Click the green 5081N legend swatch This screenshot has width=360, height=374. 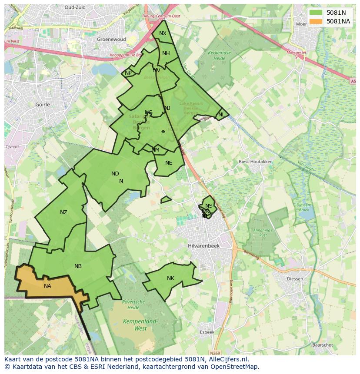(316, 13)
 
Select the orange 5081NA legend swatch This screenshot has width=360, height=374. (316, 21)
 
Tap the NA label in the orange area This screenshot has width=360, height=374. (47, 286)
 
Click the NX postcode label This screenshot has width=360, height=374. (163, 33)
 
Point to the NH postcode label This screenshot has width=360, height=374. (166, 53)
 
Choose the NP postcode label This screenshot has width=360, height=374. (128, 73)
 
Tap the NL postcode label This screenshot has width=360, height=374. (222, 115)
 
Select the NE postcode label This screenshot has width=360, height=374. (169, 163)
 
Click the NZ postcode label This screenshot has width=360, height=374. (64, 212)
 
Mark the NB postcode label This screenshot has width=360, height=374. (78, 266)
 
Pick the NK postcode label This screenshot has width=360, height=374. (170, 278)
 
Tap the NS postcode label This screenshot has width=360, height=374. (209, 206)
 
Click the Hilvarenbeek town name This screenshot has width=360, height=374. (204, 245)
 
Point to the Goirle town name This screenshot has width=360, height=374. (42, 105)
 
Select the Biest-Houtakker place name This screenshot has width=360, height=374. (255, 162)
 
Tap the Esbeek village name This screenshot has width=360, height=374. (207, 332)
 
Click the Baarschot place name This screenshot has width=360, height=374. (322, 345)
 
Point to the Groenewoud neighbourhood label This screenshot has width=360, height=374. (111, 39)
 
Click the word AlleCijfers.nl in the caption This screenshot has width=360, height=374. (227, 359)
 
